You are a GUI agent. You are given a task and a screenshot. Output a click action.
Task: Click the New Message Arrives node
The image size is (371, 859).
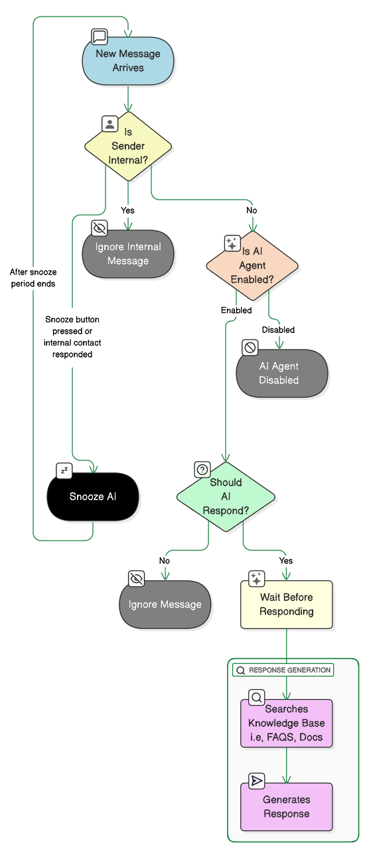click(x=128, y=61)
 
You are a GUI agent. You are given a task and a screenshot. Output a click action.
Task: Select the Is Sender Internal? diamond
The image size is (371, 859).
click(x=128, y=147)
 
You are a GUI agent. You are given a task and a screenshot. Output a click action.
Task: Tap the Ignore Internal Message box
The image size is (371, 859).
click(x=128, y=254)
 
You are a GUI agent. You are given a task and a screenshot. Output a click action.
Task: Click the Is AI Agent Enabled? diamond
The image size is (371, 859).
click(x=252, y=266)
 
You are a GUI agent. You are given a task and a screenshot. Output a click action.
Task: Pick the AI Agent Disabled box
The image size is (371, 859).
click(x=281, y=373)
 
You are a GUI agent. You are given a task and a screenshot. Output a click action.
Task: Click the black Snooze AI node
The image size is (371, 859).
click(x=93, y=497)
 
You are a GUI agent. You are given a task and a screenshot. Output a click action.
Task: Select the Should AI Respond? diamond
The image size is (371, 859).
click(x=226, y=497)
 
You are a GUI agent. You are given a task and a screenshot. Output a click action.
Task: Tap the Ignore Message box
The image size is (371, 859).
click(x=165, y=604)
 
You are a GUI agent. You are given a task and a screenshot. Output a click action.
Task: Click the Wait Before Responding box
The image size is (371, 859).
click(x=286, y=604)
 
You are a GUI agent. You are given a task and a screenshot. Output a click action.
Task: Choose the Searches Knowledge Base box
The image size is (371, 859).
click(x=286, y=723)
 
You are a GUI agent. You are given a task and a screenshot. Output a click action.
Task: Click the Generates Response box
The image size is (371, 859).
click(x=286, y=807)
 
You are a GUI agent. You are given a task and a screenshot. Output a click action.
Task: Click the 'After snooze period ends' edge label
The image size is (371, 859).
click(x=33, y=277)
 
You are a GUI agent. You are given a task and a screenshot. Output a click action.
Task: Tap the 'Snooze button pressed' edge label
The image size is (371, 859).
click(x=72, y=337)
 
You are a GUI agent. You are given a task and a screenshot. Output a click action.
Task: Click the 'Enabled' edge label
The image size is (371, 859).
click(x=236, y=310)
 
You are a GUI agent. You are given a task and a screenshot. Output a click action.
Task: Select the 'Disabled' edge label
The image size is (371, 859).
click(x=278, y=330)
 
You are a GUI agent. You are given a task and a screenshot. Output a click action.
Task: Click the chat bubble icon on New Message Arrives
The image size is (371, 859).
click(x=100, y=36)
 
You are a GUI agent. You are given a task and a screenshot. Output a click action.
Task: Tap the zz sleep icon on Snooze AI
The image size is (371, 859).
click(x=64, y=471)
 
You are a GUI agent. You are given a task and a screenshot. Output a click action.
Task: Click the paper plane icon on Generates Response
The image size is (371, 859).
click(x=256, y=781)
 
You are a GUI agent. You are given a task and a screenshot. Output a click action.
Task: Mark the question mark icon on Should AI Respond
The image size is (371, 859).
click(x=202, y=470)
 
